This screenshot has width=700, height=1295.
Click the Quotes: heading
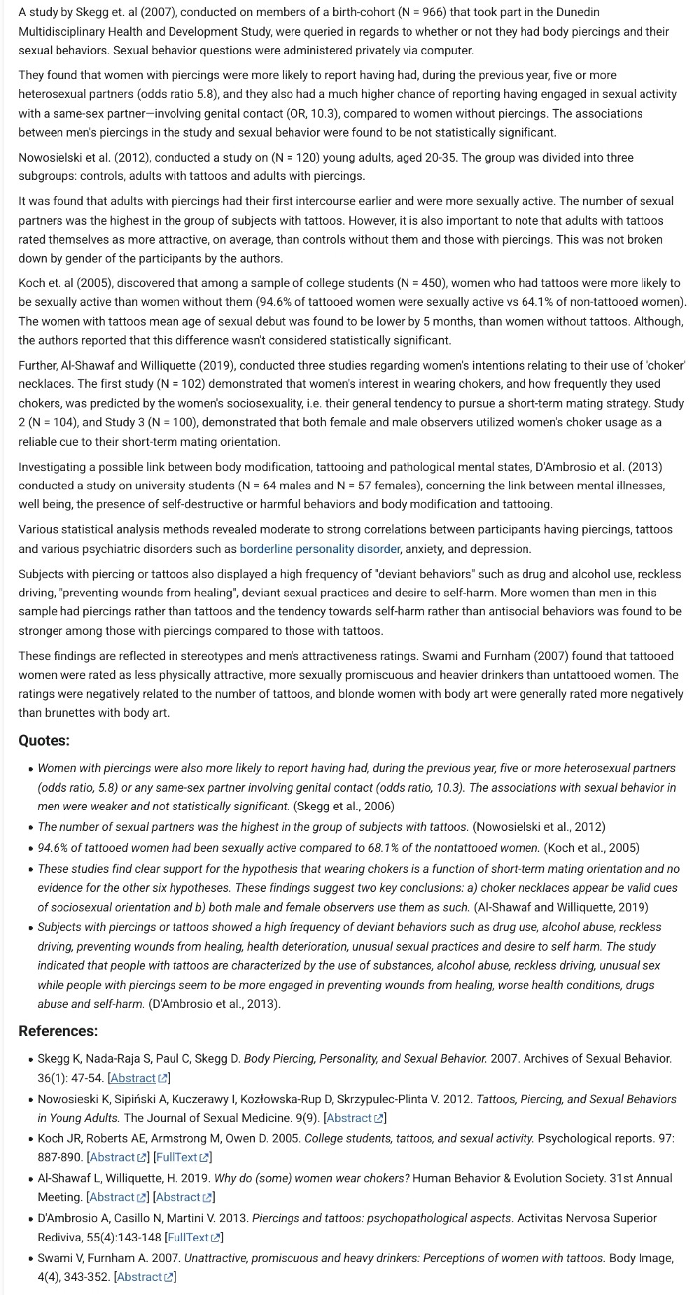click(44, 741)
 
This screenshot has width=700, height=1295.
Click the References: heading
click(58, 1031)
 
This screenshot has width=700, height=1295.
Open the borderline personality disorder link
click(320, 549)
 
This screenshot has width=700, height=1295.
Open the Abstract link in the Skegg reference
click(133, 1078)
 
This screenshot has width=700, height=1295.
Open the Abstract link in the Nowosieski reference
click(349, 1118)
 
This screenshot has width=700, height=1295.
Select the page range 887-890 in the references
click(60, 1157)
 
